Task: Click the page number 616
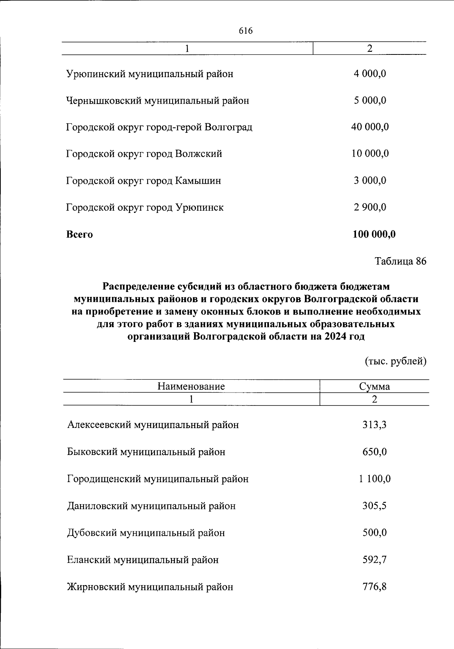246,31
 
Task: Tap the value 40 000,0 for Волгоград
370,127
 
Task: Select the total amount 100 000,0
374,234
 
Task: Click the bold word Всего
79,234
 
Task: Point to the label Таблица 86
400,261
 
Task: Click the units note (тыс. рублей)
395,362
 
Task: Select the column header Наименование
191,387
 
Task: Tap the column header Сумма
375,387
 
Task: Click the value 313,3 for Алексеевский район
375,425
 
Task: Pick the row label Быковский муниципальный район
146,452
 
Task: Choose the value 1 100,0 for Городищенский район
375,479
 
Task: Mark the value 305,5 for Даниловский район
375,506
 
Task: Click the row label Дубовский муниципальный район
146,533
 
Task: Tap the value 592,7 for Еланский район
375,560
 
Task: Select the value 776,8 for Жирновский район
375,587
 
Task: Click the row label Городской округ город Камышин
144,181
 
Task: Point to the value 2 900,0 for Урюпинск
370,208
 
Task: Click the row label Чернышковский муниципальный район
158,101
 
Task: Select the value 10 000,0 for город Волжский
370,154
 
